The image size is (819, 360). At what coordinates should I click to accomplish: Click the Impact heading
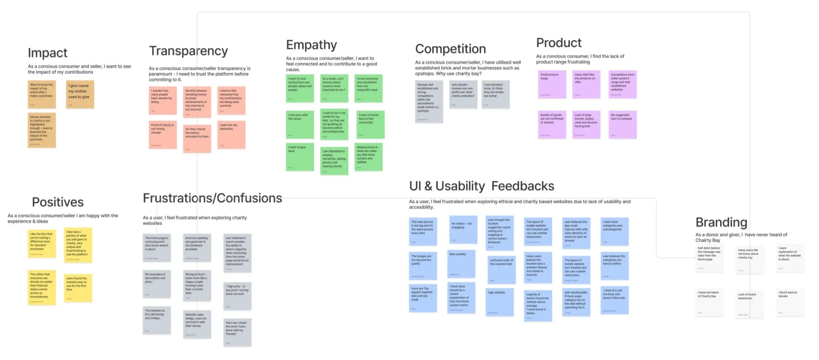47,53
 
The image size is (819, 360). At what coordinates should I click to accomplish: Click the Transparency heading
188,51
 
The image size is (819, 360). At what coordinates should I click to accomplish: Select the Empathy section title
311,45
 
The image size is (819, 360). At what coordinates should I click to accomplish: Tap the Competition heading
450,49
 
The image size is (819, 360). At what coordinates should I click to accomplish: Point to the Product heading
558,43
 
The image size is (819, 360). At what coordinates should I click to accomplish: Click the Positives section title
57,202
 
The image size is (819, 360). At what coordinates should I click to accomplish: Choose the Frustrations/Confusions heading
212,198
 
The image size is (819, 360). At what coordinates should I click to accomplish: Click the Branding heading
721,223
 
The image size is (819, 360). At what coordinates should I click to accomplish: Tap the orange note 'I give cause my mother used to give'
80,94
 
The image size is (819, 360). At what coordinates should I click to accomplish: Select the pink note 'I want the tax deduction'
231,134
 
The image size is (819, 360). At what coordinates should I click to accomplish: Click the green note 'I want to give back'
300,157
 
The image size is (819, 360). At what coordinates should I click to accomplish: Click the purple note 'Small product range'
552,84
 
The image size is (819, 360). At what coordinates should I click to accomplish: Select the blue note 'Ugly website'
499,302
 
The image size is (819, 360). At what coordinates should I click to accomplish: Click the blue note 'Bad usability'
461,263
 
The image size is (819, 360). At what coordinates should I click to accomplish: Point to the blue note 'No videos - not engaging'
463,230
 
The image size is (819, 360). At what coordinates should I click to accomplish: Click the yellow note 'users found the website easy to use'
78,288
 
